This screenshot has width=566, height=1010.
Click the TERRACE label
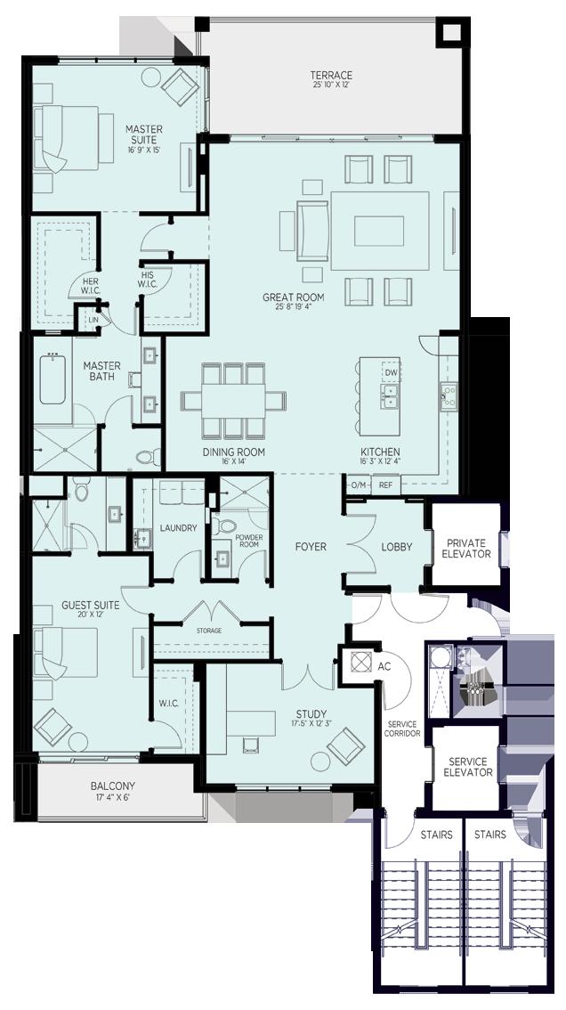pyautogui.click(x=330, y=76)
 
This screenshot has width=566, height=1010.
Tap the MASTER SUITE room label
pyautogui.click(x=143, y=134)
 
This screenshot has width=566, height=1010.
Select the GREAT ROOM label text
pyautogui.click(x=293, y=297)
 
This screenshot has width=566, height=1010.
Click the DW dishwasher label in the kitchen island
pyautogui.click(x=391, y=371)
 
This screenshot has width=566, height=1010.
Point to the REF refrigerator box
pyautogui.click(x=385, y=485)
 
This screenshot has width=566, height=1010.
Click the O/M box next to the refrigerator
pyautogui.click(x=358, y=485)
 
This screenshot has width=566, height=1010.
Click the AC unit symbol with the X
pyautogui.click(x=358, y=662)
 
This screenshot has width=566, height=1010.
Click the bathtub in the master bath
pyautogui.click(x=53, y=380)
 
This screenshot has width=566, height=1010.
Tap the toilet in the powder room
pyautogui.click(x=226, y=526)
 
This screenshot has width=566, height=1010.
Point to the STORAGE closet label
pyautogui.click(x=209, y=631)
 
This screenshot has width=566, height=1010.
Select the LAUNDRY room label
pyautogui.click(x=178, y=528)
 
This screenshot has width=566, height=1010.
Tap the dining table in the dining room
pyautogui.click(x=234, y=402)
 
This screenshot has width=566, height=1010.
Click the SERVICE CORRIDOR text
pyautogui.click(x=402, y=729)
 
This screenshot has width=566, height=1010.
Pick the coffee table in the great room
pyautogui.click(x=379, y=231)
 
